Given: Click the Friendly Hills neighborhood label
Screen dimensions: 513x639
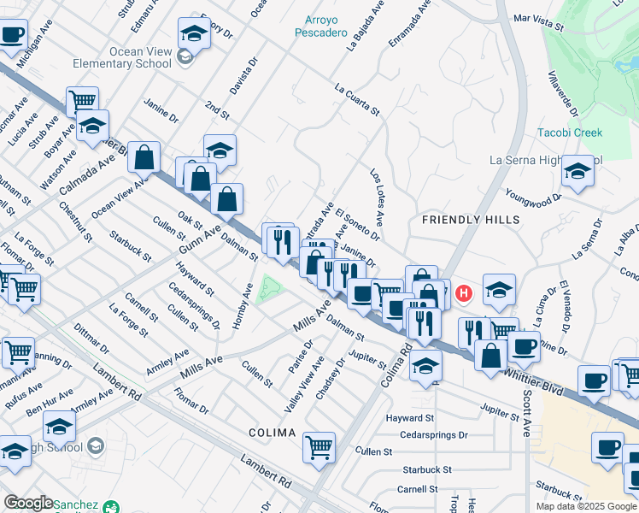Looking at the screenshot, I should [471, 220].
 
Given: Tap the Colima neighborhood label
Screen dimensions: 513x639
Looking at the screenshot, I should [272, 433].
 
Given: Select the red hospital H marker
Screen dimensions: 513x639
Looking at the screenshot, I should [464, 294].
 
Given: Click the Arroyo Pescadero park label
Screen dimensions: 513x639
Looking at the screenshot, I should [326, 27].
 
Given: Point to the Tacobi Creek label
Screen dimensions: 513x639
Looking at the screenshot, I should [570, 133].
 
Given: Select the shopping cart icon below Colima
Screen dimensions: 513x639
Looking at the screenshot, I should [319, 445].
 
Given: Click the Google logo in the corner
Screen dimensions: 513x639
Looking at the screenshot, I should [28, 503].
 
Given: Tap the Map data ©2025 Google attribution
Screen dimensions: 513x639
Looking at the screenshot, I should [585, 506].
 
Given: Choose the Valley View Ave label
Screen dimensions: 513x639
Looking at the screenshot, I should [304, 386].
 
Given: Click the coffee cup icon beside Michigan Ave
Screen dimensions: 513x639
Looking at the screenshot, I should [12, 35].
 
